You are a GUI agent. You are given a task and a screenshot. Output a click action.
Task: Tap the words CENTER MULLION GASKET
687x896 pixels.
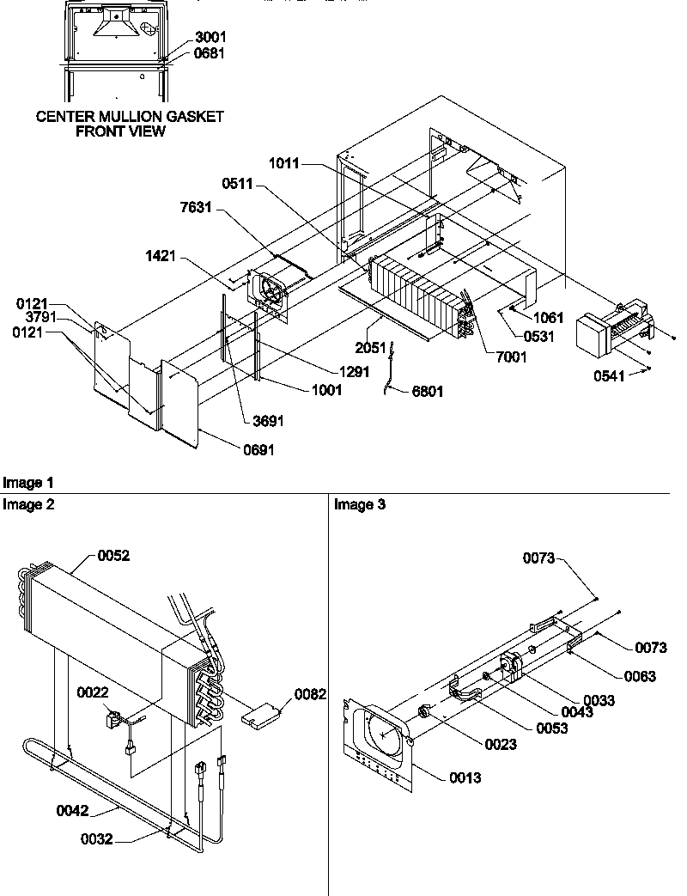(130, 117)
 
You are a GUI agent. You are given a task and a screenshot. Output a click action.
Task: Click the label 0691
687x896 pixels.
(257, 449)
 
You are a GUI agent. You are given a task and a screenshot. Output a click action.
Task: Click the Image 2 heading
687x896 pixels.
(28, 505)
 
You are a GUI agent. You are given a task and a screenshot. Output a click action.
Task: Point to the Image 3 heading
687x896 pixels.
(360, 505)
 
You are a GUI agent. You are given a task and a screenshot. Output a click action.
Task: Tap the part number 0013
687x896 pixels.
(464, 778)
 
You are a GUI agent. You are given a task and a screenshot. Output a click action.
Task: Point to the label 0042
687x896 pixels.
(74, 808)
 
